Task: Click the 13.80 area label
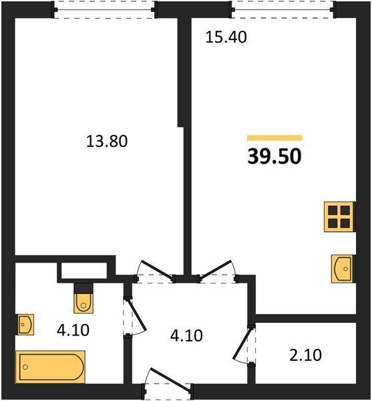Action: tap(107, 141)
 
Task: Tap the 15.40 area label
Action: tap(226, 37)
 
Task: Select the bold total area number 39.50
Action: tap(274, 156)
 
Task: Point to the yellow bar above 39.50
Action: tap(274, 138)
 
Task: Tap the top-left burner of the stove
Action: tap(333, 211)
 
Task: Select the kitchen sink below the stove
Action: tap(343, 269)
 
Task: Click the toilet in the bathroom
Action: tap(83, 299)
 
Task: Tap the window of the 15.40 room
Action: tap(281, 9)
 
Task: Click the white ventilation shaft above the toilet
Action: tap(83, 271)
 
